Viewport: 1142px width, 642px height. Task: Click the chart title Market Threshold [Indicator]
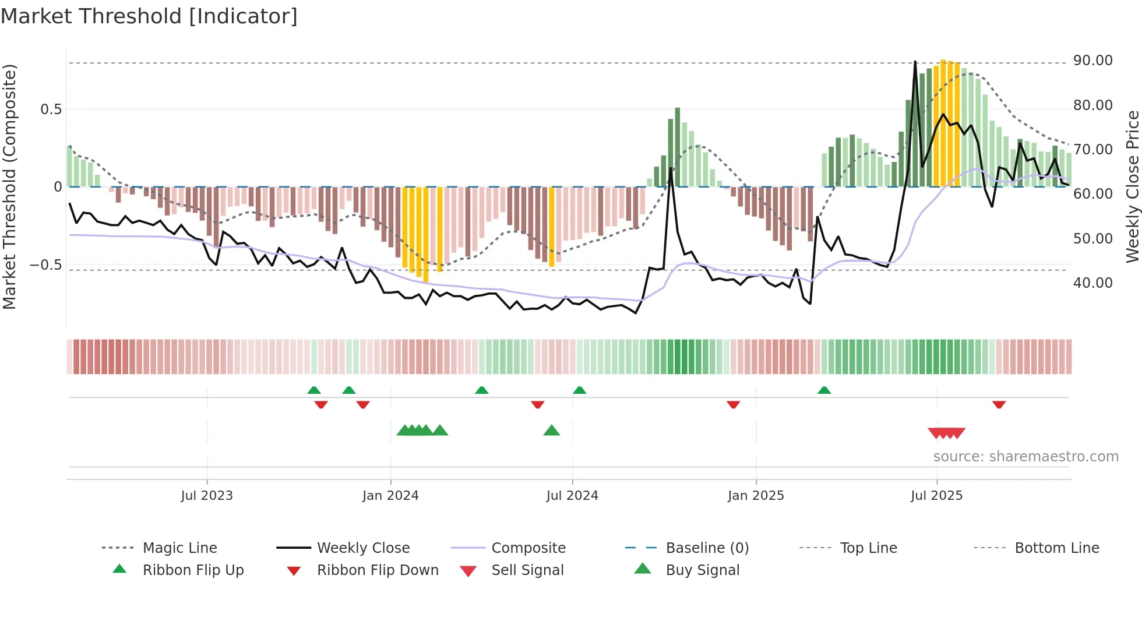coord(149,16)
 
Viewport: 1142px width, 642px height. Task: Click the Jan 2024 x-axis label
coord(390,496)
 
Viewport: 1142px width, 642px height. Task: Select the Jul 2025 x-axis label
coord(936,496)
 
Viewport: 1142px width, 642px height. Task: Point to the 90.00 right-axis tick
coord(1092,61)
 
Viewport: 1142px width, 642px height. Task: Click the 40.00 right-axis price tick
coord(1092,283)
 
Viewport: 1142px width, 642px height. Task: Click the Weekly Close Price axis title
coord(1132,186)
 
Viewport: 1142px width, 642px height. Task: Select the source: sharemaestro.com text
coord(1025,457)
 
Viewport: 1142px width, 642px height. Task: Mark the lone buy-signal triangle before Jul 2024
coord(551,431)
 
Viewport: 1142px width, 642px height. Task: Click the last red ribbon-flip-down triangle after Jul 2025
coord(999,404)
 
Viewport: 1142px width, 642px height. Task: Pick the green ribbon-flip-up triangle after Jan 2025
coord(824,390)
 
